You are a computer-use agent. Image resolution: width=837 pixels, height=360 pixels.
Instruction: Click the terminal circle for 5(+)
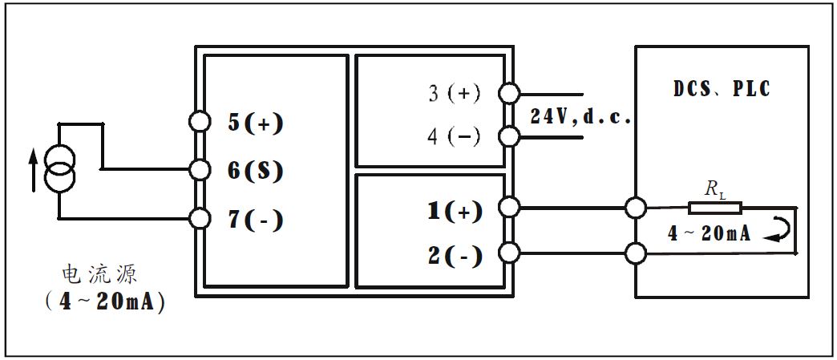pos(199,122)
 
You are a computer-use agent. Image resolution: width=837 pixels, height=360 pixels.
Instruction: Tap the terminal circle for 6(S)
pos(199,169)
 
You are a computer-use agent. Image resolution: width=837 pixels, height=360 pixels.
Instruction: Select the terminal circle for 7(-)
pos(199,217)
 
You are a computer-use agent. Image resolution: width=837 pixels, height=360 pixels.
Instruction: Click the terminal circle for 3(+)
pos(508,93)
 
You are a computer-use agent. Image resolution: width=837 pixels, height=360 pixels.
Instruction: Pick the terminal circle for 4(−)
pos(508,136)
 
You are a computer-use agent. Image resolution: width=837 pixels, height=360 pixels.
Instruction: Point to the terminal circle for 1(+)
pos(508,208)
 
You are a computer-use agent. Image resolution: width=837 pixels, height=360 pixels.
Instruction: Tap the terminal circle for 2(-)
pos(508,254)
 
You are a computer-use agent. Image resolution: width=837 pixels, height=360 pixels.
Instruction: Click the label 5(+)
pos(256,123)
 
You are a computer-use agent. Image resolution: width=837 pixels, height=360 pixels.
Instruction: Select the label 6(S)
pos(256,171)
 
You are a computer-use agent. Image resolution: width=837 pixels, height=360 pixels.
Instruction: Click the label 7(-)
pos(256,219)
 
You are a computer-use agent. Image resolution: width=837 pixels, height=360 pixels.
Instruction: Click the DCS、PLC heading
pos(722,88)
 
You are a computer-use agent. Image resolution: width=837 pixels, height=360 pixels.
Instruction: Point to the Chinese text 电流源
pos(99,275)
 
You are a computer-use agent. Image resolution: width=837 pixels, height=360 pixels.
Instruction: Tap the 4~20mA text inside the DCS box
pos(710,234)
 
